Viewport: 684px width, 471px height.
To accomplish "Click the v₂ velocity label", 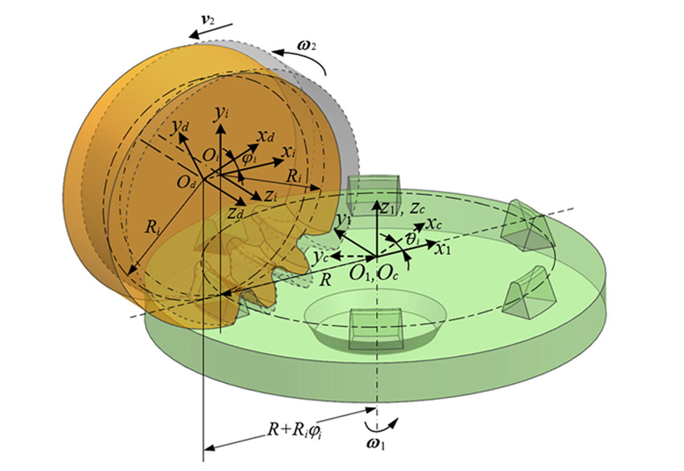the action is click(209, 19).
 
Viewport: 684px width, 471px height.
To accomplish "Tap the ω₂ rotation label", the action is click(306, 46).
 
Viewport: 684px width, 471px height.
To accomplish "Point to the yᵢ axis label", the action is click(221, 114).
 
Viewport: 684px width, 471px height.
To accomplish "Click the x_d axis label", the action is click(265, 136).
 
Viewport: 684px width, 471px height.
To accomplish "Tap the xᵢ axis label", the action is click(288, 152).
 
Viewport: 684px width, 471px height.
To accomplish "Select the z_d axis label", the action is click(235, 213).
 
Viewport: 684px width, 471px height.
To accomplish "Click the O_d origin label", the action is click(186, 183).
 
